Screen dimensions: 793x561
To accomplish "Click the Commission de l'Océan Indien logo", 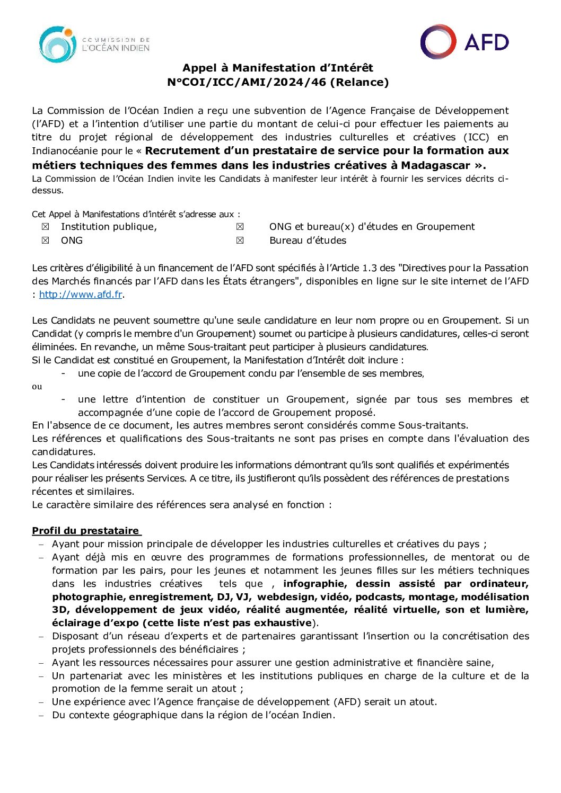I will coord(94,44).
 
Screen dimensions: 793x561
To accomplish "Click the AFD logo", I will coord(464,42).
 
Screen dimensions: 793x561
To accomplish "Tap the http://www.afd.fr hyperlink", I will coord(81,295).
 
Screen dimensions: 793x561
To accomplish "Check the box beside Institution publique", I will coord(46,227).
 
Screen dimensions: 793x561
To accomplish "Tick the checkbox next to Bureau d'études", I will coord(240,240).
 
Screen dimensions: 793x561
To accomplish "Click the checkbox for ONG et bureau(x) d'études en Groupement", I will coord(240,227).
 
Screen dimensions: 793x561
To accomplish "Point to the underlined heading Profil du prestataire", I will coord(85,531).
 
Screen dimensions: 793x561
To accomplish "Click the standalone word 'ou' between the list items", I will coord(37,387).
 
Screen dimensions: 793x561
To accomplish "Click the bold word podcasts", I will coord(379,597).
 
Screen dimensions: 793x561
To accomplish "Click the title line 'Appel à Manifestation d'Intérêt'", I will coord(278,68).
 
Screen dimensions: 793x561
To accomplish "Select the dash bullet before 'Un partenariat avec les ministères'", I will coord(41,676).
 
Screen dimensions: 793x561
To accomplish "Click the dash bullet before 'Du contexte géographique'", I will coord(41,716).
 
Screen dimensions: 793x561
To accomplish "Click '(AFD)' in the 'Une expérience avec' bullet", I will coord(348,702).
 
